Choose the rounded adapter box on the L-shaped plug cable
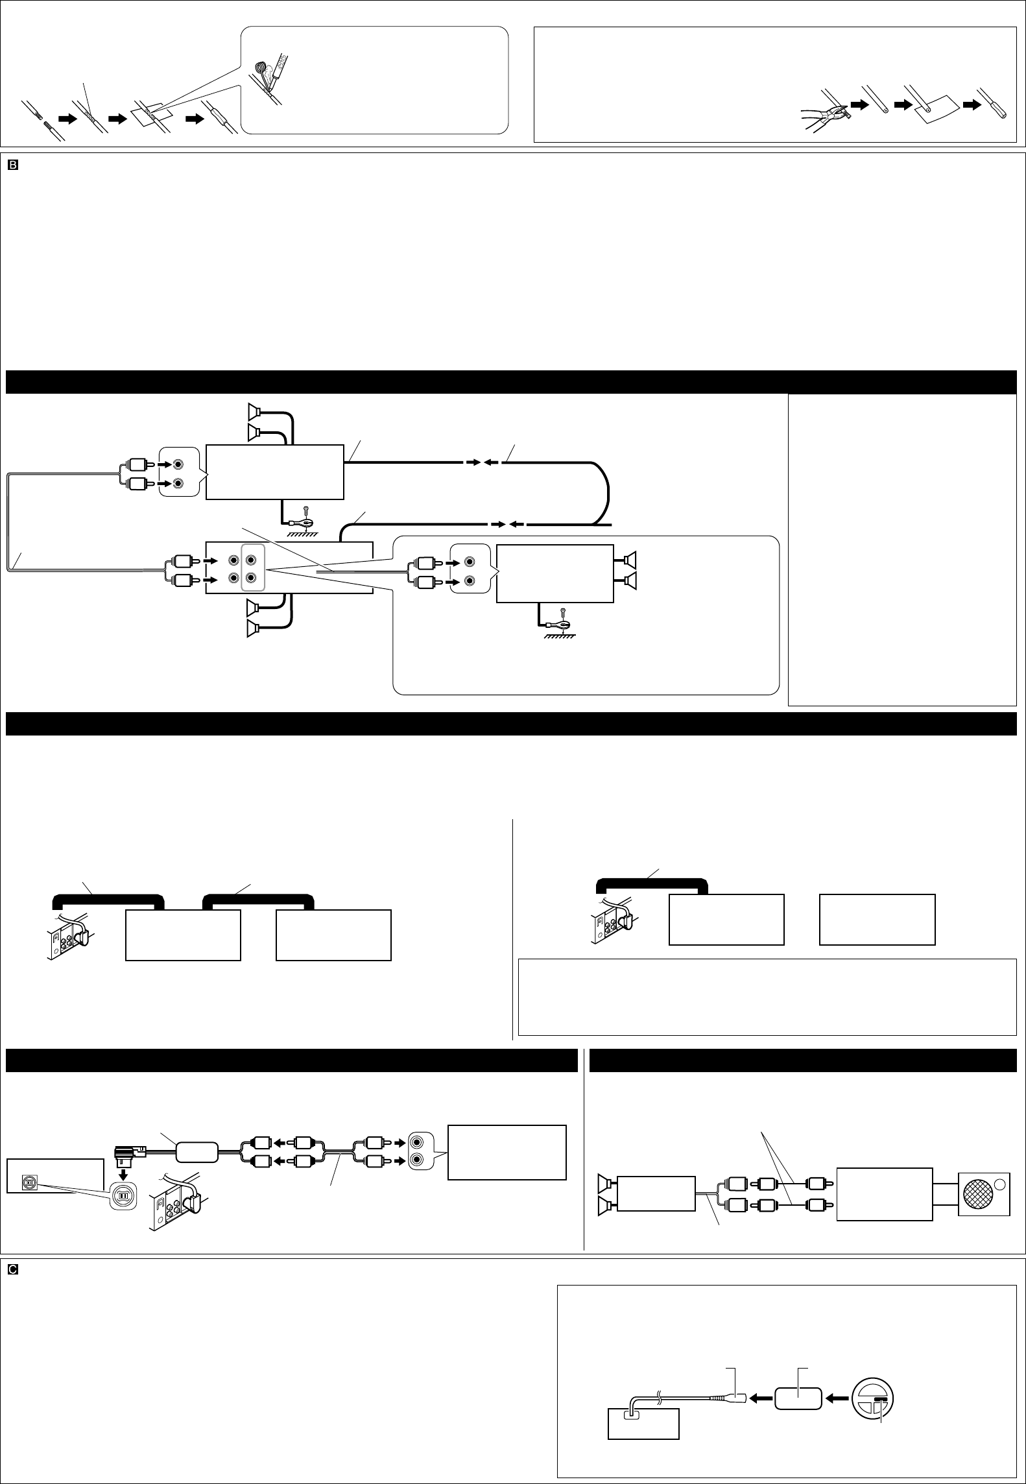coord(197,1153)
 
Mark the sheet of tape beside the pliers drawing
coord(934,108)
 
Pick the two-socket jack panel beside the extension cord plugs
coord(424,1152)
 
